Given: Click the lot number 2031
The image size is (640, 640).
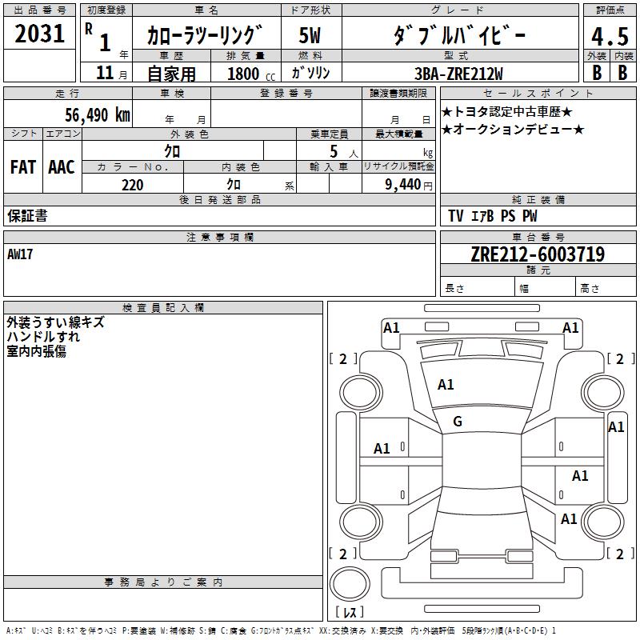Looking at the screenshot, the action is (x=40, y=34).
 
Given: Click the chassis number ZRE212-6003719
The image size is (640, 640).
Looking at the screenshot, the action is (x=537, y=254).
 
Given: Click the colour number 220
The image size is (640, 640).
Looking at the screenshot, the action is (x=132, y=185).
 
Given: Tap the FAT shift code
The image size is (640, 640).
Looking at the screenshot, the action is (x=23, y=166).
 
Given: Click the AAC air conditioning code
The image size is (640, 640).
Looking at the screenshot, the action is (x=62, y=166).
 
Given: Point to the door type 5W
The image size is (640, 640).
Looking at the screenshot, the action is (x=310, y=34).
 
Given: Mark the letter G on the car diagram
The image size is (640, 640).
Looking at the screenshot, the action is (x=458, y=421).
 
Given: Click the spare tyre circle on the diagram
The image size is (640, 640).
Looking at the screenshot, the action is (x=351, y=583).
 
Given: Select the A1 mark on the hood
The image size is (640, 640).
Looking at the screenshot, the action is (x=446, y=385).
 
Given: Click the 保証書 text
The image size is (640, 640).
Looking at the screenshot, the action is (x=27, y=216).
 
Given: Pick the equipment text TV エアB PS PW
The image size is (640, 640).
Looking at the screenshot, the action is (x=493, y=216).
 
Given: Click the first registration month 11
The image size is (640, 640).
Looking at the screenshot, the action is (x=105, y=73).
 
